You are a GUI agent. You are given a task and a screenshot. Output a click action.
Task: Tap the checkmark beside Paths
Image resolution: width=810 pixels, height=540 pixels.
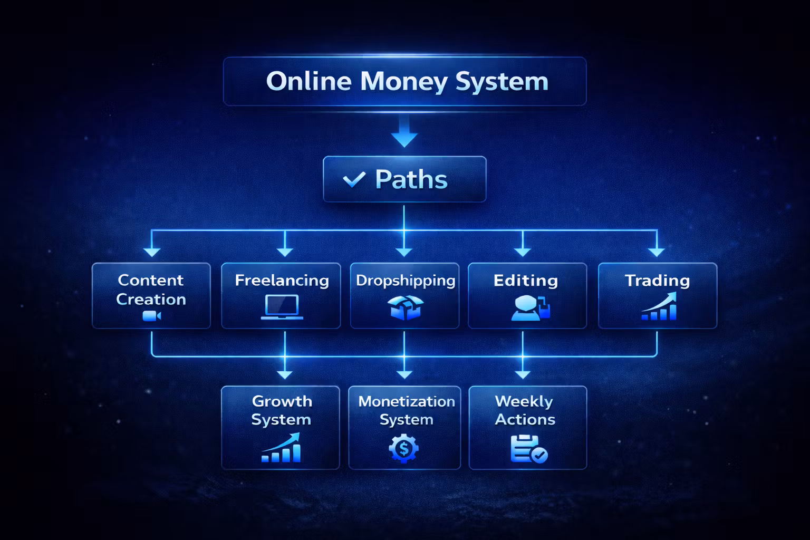tap(354, 180)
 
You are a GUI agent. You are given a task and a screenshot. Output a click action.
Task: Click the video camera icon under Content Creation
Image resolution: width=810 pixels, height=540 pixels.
tap(151, 316)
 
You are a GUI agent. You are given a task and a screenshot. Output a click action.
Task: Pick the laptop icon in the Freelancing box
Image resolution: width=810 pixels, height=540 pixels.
tap(282, 307)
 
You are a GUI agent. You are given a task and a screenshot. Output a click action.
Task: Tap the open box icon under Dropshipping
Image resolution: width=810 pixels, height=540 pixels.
tap(405, 307)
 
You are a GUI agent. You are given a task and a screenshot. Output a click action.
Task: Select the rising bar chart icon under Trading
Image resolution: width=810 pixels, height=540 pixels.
tap(659, 307)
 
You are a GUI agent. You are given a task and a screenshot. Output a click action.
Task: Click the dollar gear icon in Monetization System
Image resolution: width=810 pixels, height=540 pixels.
tap(403, 449)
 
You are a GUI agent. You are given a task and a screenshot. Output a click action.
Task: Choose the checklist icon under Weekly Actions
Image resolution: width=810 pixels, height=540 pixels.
tap(528, 449)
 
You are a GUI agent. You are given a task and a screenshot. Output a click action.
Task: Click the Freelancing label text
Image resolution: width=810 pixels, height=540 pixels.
tap(282, 281)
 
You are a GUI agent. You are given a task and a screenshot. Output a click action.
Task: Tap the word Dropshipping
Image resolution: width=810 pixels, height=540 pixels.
tap(405, 281)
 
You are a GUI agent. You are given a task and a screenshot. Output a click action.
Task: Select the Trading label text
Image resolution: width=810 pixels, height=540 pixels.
tap(657, 281)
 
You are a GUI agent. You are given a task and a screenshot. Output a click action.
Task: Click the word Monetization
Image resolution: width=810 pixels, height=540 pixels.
tap(406, 401)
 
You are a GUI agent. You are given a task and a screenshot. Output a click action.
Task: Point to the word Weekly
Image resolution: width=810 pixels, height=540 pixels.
tap(524, 401)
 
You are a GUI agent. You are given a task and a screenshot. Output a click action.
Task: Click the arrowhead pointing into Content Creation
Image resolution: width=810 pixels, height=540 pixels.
tap(152, 252)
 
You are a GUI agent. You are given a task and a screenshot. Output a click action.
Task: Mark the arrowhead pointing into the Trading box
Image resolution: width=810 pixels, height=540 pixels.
tap(657, 252)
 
